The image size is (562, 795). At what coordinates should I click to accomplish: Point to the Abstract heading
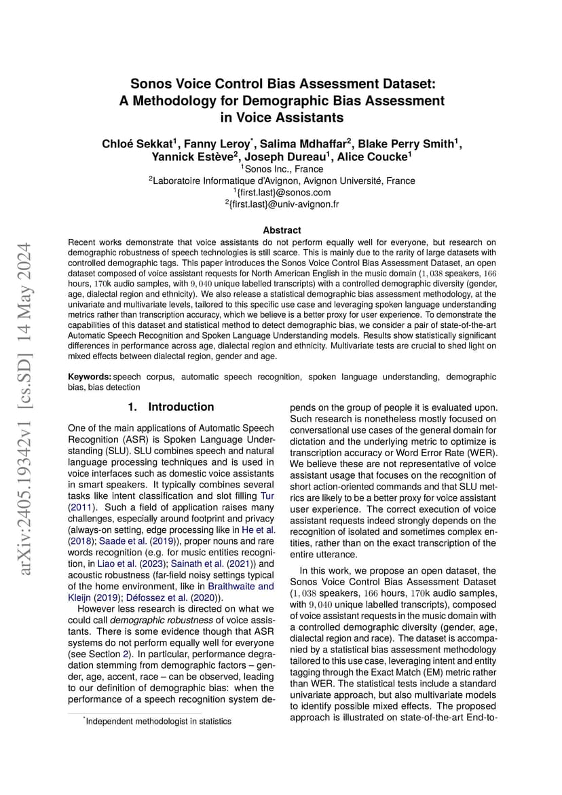click(x=282, y=230)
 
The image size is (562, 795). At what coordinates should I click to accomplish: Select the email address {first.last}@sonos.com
click(x=281, y=192)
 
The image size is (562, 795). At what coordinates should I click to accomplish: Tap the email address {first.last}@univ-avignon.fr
click(x=281, y=204)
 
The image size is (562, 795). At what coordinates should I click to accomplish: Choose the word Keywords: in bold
click(x=90, y=376)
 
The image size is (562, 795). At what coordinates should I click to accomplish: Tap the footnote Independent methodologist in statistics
click(x=158, y=721)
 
